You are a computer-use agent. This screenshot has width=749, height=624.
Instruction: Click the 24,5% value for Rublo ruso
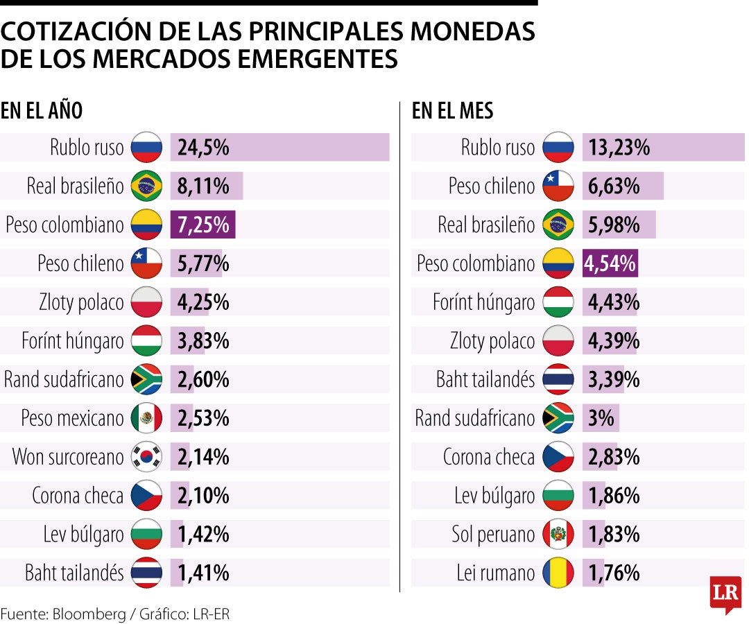(x=203, y=148)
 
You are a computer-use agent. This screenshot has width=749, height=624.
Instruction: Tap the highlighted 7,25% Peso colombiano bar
(x=203, y=225)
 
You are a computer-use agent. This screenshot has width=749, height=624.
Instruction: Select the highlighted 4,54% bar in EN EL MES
(x=610, y=263)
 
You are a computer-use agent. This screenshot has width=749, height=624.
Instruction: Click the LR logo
(x=725, y=593)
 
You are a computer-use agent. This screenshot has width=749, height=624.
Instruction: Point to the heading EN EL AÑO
(x=42, y=111)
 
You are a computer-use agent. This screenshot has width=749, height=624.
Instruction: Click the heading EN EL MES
(x=452, y=111)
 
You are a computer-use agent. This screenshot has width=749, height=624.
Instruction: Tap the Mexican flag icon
(x=146, y=418)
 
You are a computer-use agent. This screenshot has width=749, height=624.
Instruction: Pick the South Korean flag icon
(x=146, y=457)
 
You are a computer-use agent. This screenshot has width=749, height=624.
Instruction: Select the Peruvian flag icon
(x=558, y=535)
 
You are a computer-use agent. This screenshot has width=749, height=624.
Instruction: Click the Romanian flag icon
(x=558, y=573)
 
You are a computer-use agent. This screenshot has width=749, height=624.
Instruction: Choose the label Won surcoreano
(x=68, y=457)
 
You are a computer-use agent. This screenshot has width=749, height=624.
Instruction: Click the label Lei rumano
(x=495, y=573)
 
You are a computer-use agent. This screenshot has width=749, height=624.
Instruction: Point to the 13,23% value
(x=619, y=148)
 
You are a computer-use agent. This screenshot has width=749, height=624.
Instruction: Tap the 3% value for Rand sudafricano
(x=601, y=418)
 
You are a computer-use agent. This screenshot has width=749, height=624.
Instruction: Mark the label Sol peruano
(x=492, y=535)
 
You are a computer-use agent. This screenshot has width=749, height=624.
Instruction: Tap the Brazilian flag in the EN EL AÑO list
(x=146, y=186)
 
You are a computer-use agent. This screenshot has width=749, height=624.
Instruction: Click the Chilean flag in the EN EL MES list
(x=558, y=186)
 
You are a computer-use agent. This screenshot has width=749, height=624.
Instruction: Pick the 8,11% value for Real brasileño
(x=203, y=186)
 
